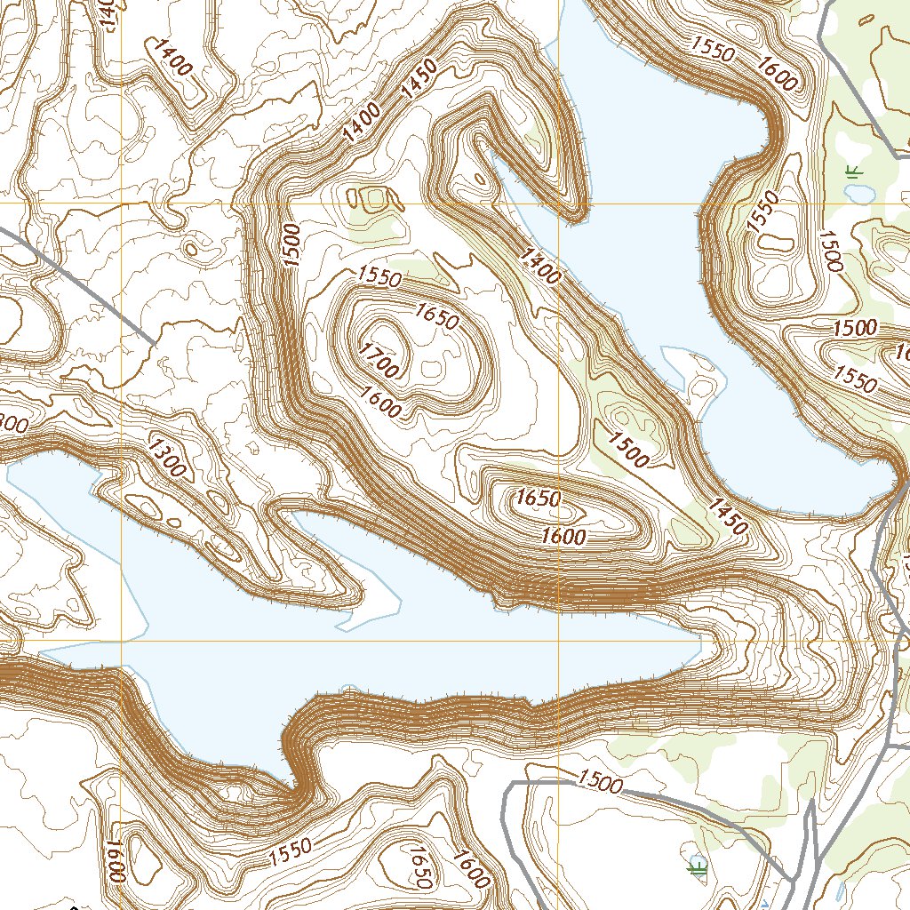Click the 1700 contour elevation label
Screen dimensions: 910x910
click(x=379, y=359)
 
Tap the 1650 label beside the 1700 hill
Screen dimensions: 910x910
click(x=435, y=315)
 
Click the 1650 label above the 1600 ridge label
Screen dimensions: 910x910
click(x=538, y=499)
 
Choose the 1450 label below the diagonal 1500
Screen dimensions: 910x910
click(x=728, y=516)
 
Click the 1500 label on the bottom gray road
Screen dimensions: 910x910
click(x=599, y=781)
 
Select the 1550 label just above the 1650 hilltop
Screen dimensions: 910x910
click(x=379, y=277)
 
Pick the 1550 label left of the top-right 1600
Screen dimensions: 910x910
click(x=712, y=52)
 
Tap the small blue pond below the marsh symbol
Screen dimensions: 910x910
click(x=861, y=193)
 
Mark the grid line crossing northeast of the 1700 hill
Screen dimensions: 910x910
click(x=559, y=204)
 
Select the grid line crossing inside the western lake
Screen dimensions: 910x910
click(x=122, y=640)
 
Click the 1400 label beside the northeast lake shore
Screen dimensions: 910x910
click(x=541, y=267)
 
